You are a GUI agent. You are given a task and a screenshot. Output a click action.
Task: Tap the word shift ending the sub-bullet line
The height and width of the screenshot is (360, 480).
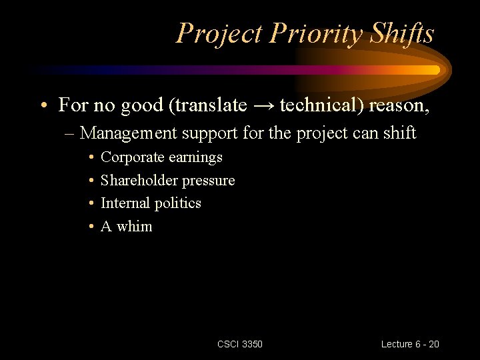pyautogui.click(x=400, y=133)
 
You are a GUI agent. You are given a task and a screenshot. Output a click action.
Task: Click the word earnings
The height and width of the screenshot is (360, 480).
pyautogui.click(x=195, y=158)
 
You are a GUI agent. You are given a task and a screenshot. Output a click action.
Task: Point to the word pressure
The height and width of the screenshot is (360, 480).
pyautogui.click(x=209, y=181)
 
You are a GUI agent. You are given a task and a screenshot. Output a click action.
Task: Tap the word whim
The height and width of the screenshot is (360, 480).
pyautogui.click(x=135, y=226)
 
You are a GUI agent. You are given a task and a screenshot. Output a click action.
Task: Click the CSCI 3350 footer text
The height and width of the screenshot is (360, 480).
pyautogui.click(x=240, y=344)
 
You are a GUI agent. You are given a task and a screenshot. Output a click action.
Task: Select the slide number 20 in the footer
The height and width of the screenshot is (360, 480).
pyautogui.click(x=433, y=344)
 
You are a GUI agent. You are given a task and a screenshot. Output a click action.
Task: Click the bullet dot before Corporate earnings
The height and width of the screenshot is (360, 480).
pyautogui.click(x=90, y=158)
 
